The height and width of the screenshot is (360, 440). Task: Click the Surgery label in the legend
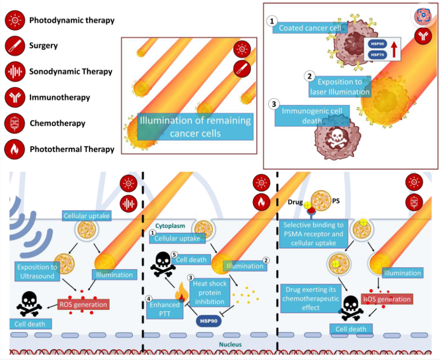(43, 45)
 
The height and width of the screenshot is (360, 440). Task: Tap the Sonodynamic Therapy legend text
(71, 72)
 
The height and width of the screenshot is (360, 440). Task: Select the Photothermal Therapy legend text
(72, 149)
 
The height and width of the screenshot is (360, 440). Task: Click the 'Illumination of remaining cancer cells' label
(195, 127)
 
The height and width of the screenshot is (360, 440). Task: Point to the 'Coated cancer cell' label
(310, 28)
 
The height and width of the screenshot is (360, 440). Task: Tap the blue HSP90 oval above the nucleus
(209, 321)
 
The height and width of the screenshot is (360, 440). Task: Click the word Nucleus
(230, 344)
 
